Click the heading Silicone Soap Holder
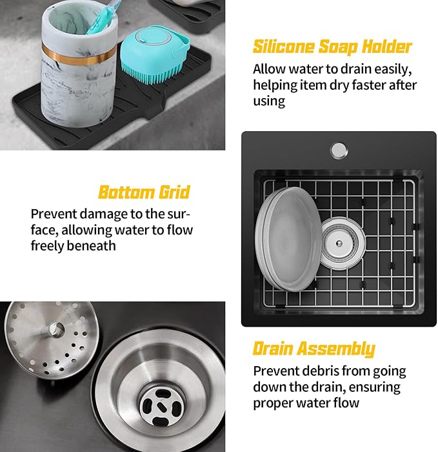[332, 46]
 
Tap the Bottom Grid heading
[144, 192]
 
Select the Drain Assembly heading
[314, 349]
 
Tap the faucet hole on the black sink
[338, 150]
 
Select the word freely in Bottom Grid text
[47, 246]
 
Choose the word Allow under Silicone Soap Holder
[269, 69]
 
